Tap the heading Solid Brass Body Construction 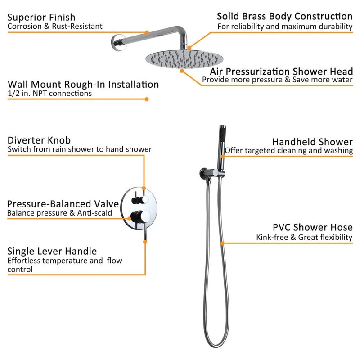coord(284,17)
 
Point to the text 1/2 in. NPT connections coord(49,94)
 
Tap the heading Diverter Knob coord(39,140)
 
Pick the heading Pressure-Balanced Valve coord(63,204)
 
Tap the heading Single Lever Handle coord(52,251)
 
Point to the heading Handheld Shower coord(312,142)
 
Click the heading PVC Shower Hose coord(312,227)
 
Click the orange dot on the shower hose coord(221,243)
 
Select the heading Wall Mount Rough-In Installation coord(83,84)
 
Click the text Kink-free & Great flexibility coord(304,237)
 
